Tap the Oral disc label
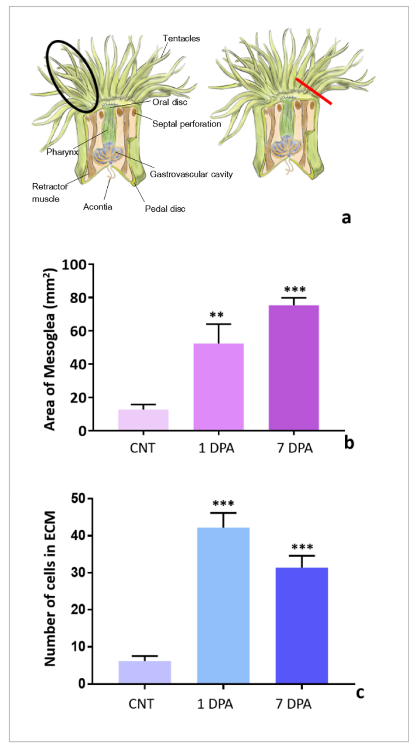click(170, 102)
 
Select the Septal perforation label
click(187, 124)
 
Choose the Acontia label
click(98, 207)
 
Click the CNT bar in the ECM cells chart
click(145, 668)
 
